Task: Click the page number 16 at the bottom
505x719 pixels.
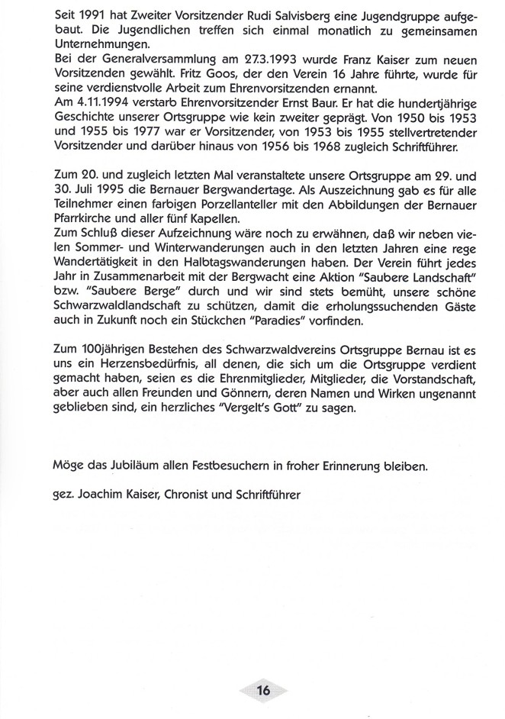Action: point(264,692)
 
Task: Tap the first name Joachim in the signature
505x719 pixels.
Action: point(96,493)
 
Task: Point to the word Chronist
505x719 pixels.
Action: point(191,493)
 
